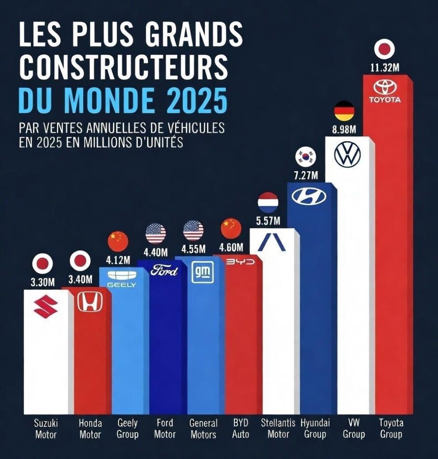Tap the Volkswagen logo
coord(347,155)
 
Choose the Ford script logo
coord(164,271)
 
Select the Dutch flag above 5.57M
coord(268,202)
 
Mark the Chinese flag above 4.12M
coord(118,241)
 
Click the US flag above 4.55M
coord(194,231)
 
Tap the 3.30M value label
coord(43,282)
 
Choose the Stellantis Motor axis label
coord(278,429)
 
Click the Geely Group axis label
coord(127,429)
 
